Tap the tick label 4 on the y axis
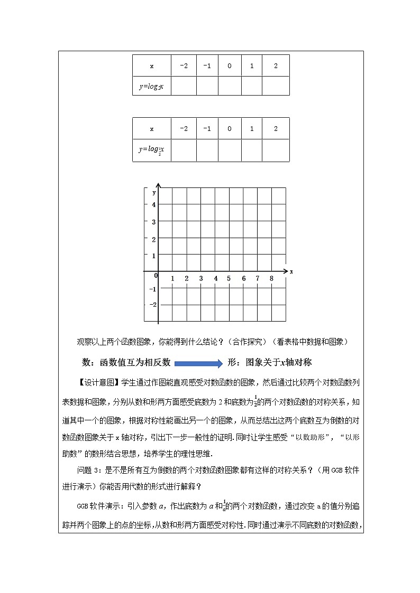coord(154,205)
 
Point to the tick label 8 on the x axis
coord(271,278)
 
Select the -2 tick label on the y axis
coord(153,305)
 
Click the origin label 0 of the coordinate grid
coord(156,276)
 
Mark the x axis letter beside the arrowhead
coord(291,271)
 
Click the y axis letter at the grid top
coord(154,192)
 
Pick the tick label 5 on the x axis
coord(229,278)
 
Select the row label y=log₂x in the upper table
coord(152,86)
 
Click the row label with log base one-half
coord(152,150)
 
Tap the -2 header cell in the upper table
coord(184,66)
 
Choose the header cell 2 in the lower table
coord(276,129)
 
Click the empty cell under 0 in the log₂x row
coord(230,86)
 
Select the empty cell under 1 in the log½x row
coord(252,150)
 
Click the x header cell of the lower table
coord(152,129)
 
